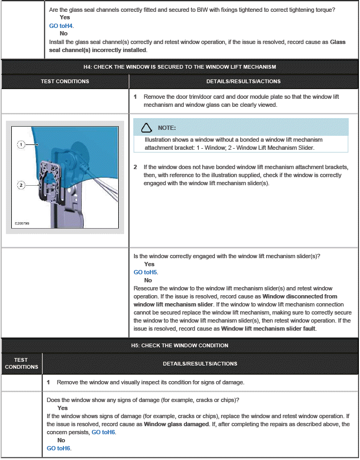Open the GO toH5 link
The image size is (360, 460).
(x=146, y=272)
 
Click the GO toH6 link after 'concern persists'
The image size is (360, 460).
(x=103, y=432)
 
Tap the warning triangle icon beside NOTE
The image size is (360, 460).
(x=146, y=128)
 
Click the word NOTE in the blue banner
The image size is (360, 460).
(x=167, y=128)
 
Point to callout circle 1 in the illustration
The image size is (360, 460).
(x=20, y=144)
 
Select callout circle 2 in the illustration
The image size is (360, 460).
(x=20, y=185)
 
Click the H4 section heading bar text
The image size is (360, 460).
(x=179, y=67)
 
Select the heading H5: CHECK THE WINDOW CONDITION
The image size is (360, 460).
(x=179, y=345)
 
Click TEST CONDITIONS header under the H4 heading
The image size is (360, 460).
(x=65, y=82)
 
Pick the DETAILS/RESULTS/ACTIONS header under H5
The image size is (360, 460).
(x=200, y=363)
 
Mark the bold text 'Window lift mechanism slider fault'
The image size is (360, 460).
(x=268, y=328)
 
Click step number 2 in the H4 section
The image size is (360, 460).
(x=135, y=167)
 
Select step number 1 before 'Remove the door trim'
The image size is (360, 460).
(x=135, y=97)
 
